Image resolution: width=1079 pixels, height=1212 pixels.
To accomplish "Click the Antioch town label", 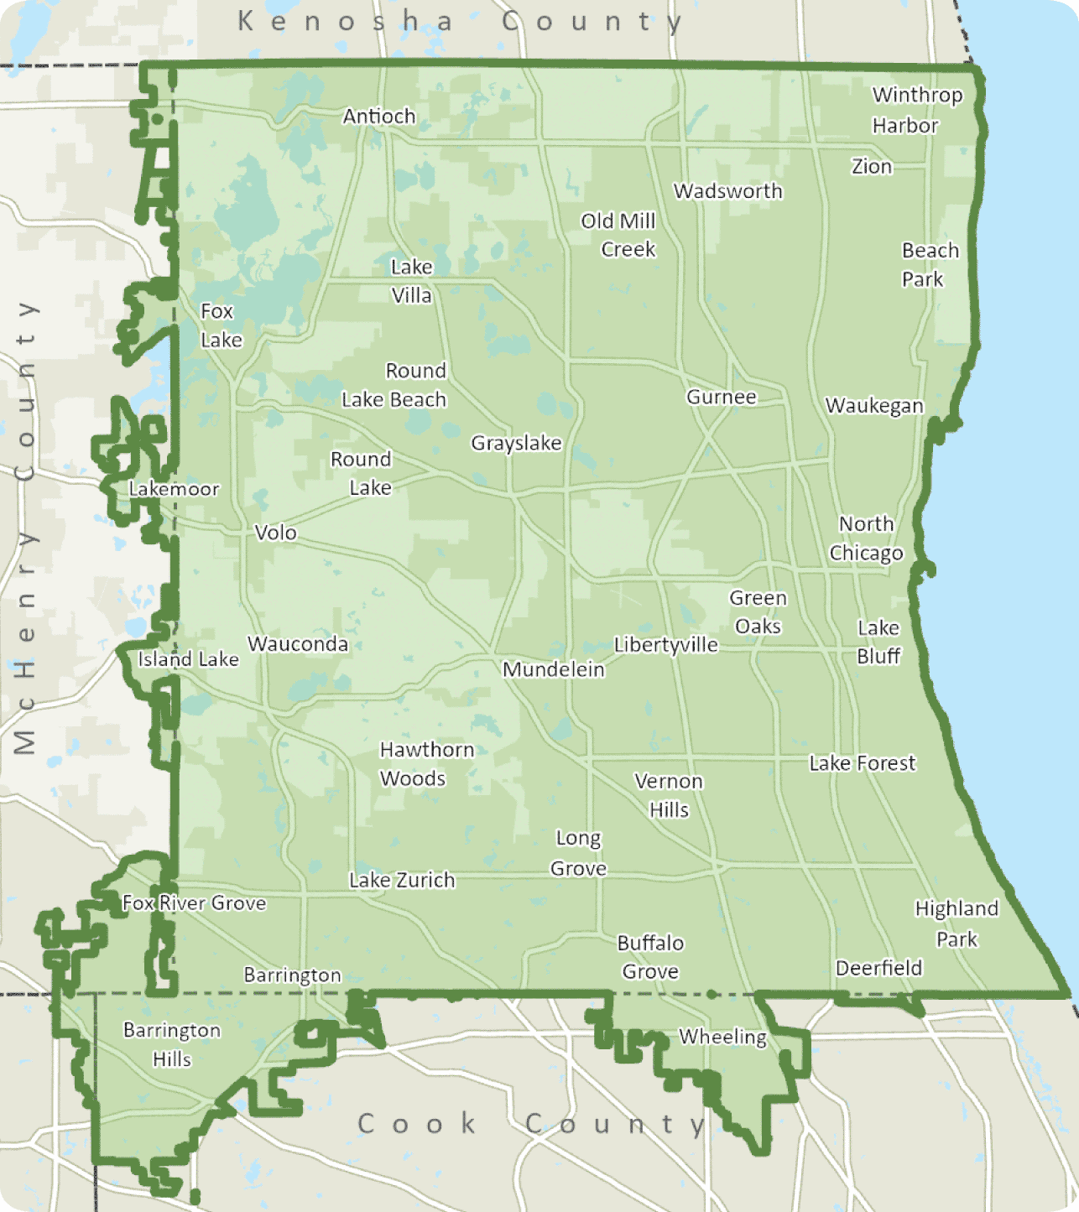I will pos(379,117).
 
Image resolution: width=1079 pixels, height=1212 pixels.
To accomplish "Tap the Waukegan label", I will pos(874,406).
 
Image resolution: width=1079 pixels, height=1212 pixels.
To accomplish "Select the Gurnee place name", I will pos(722,397).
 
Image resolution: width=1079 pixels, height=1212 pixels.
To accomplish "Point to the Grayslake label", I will pos(516,443).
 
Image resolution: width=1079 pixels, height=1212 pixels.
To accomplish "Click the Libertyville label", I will pos(666,645).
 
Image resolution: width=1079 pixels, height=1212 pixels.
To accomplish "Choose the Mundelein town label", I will pos(554,669).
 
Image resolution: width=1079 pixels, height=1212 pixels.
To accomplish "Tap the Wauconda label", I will pos(298,644).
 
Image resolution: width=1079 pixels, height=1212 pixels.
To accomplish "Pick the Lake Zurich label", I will pos(402,880).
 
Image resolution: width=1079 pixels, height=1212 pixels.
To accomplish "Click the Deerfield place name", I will pos(878,968).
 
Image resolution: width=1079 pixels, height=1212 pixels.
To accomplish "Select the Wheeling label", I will pos(722,1037).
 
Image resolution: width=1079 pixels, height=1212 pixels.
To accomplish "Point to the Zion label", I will pos(872,167).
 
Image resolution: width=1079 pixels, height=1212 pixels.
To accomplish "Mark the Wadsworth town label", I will pos(728,191).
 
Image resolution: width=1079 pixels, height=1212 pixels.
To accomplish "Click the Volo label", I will pos(275,533).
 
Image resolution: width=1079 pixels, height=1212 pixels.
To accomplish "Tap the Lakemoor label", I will pos(174,489).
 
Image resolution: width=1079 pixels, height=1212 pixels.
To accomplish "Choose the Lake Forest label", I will pos(863,763).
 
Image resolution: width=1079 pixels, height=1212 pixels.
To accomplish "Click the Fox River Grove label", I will pos(194,903).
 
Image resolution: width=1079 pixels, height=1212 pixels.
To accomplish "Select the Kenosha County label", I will pos(460,22).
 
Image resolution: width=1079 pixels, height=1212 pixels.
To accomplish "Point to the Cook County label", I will pos(532,1123).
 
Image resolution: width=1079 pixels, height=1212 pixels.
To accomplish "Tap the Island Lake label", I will pos(188,659).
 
